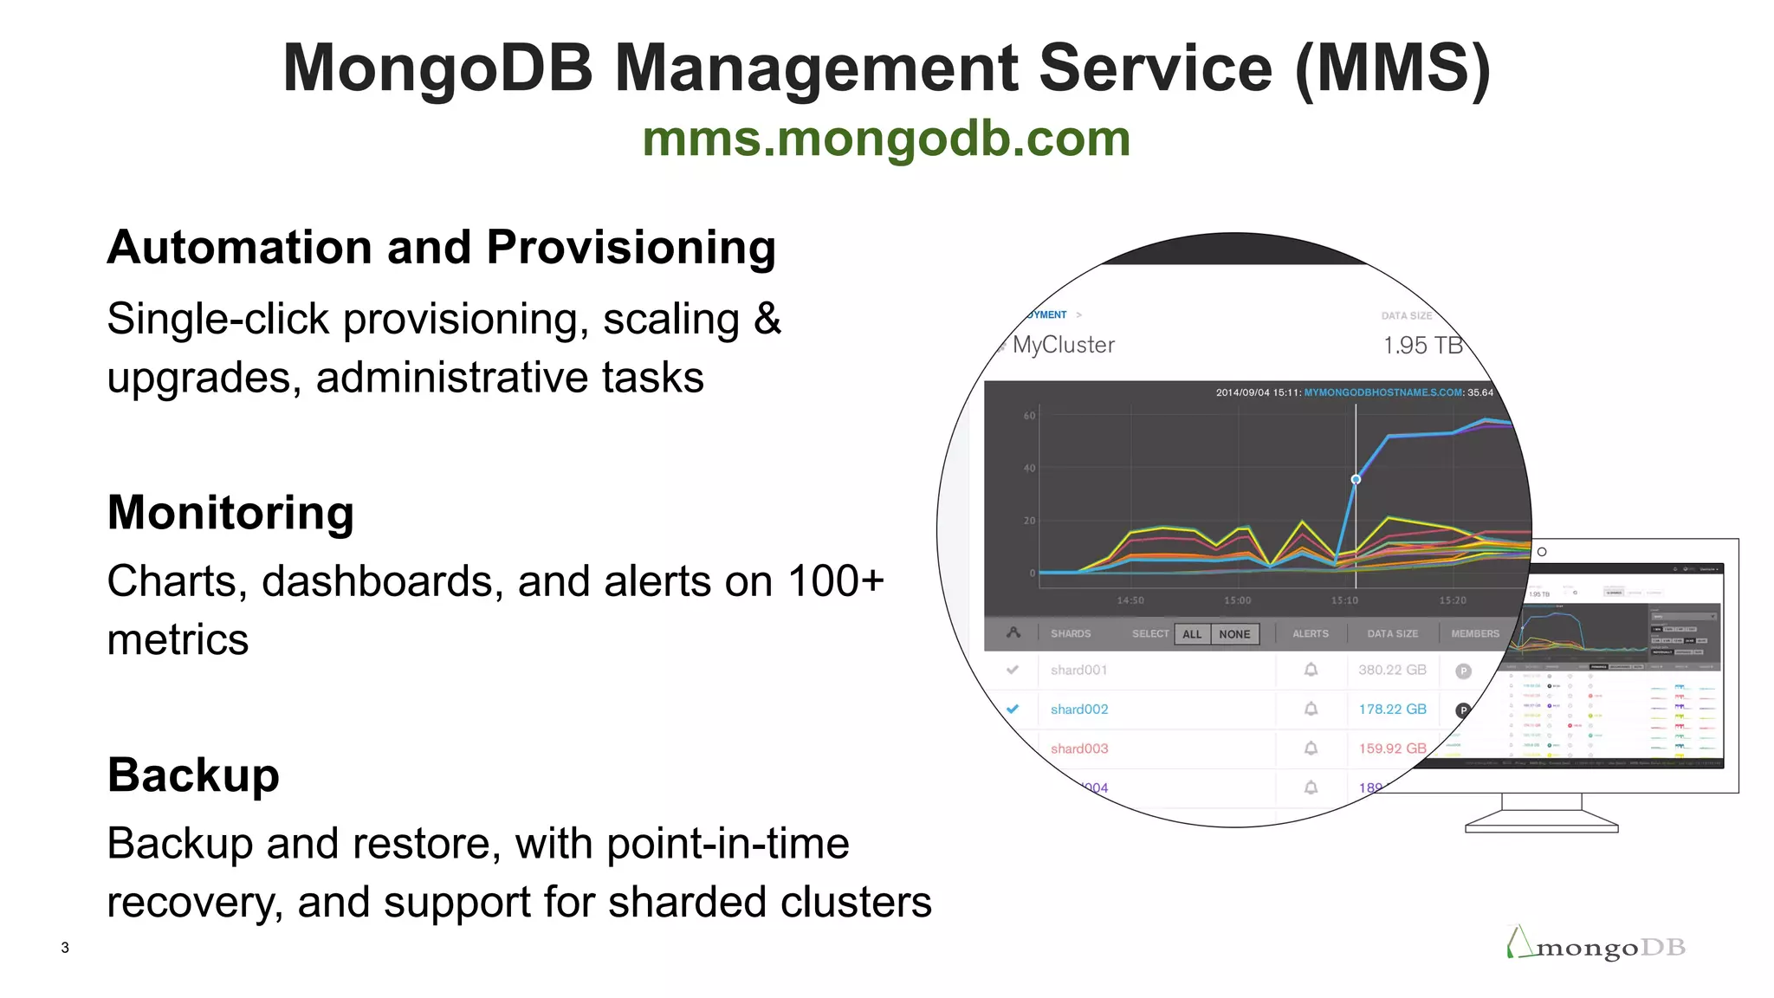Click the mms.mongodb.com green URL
[x=886, y=139]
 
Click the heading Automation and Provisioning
[x=441, y=248]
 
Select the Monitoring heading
[x=230, y=512]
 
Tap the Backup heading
[x=193, y=774]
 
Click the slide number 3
[x=65, y=948]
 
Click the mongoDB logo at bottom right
[x=1596, y=946]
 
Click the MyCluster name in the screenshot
[x=1063, y=345]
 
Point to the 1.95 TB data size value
[x=1421, y=346]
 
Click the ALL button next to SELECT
[x=1192, y=634]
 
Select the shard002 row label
[x=1079, y=710]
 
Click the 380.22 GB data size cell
[x=1392, y=670]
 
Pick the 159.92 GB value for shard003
[x=1392, y=748]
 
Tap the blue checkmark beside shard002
[x=1013, y=709]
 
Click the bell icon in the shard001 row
[x=1311, y=670]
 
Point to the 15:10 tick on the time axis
[x=1344, y=600]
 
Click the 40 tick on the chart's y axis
[x=1029, y=469]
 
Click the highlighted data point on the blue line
[x=1356, y=479]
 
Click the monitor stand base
[x=1541, y=827]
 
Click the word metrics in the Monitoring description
[x=178, y=640]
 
